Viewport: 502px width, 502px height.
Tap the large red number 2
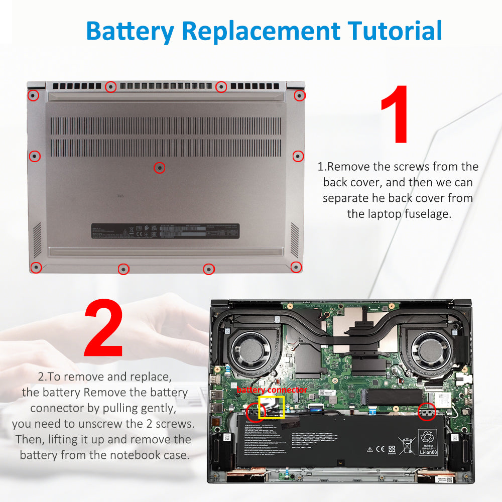coord(104,329)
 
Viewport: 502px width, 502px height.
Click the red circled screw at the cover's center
coord(159,168)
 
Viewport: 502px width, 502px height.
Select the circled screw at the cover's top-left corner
coord(33,95)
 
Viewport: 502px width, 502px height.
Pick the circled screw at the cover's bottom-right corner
coord(296,267)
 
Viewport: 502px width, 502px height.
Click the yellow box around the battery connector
coord(271,407)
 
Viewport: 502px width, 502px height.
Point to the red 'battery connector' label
coord(272,390)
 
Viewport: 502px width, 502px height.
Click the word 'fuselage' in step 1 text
coord(424,214)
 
